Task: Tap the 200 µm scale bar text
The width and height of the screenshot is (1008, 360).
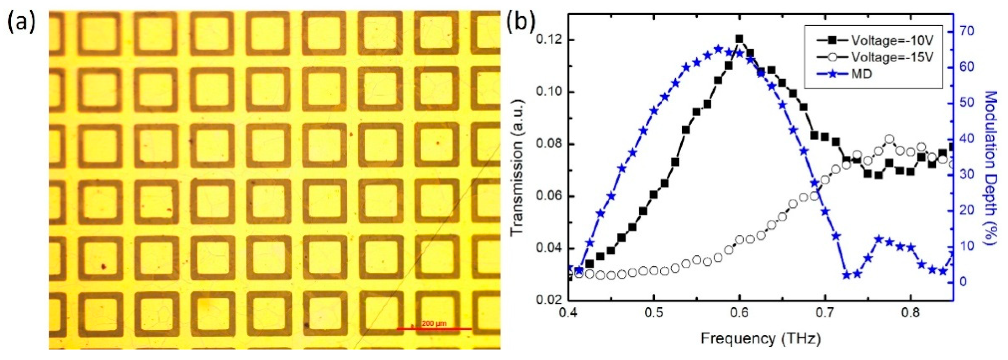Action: [434, 324]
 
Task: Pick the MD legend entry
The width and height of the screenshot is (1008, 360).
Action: [861, 73]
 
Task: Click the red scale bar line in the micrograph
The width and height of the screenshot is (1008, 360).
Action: [434, 329]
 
